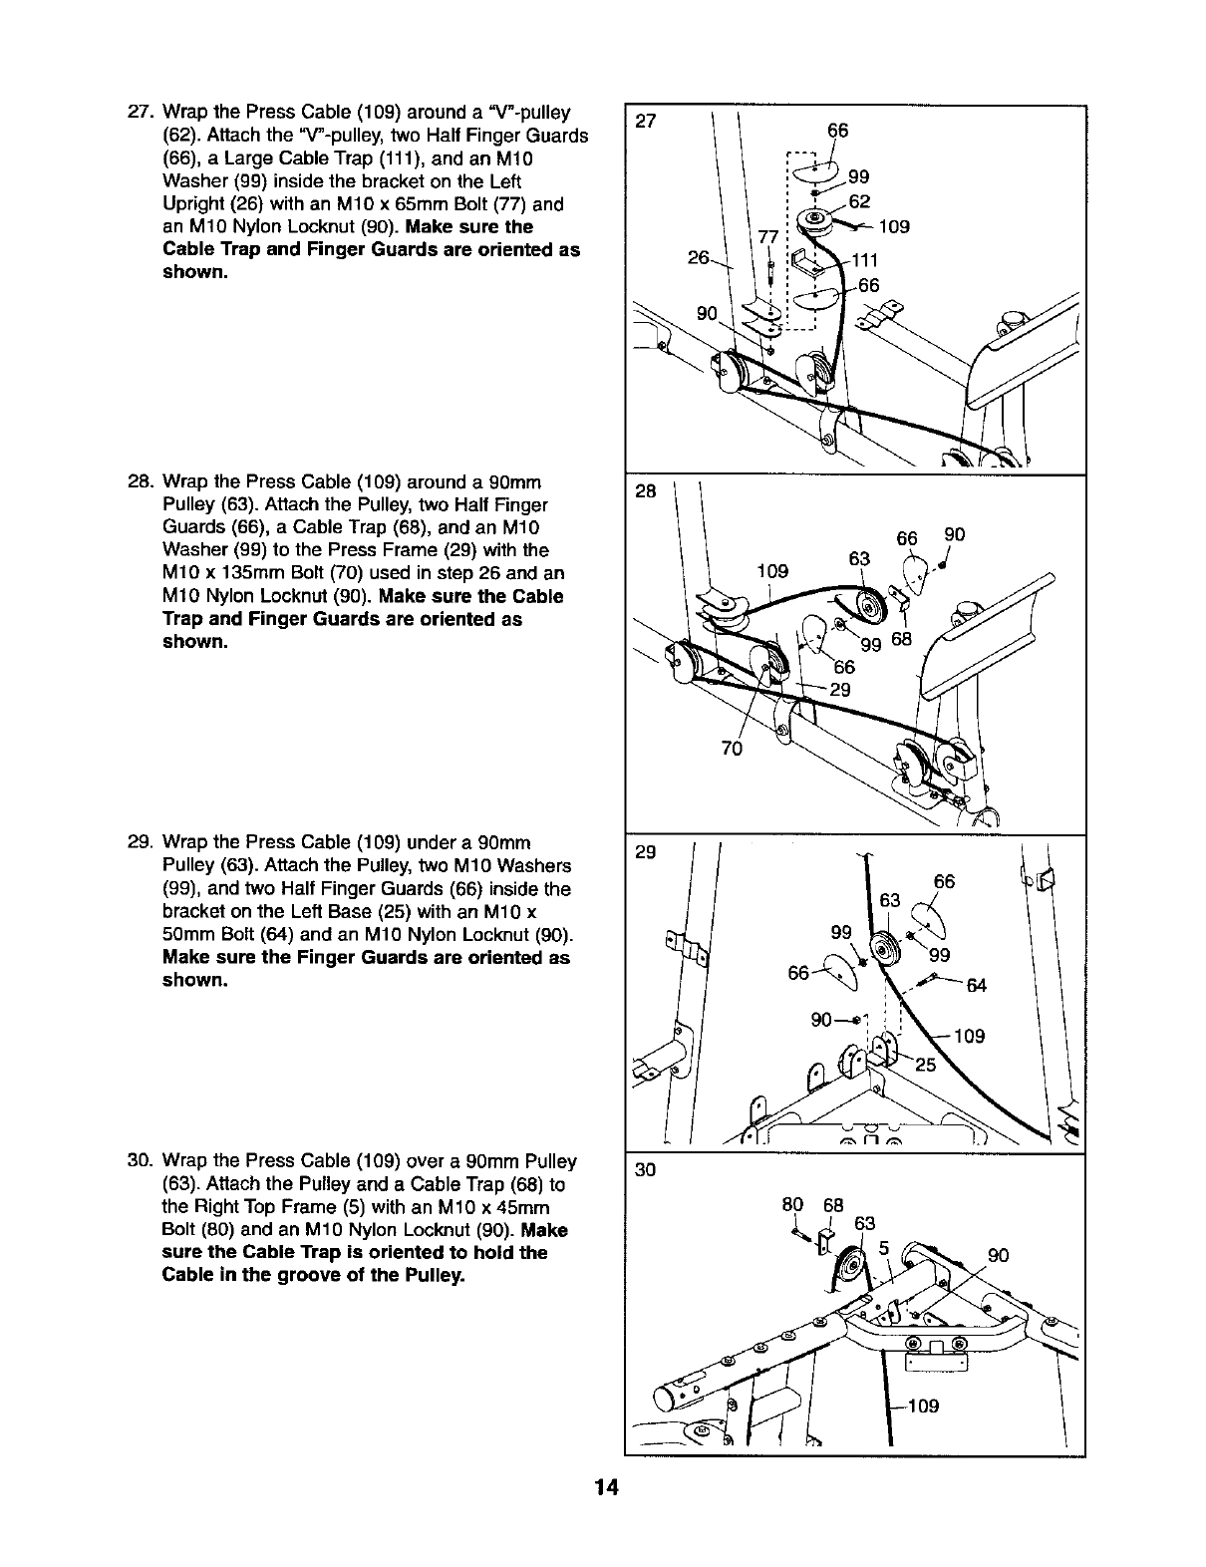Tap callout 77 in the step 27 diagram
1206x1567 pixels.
pos(767,236)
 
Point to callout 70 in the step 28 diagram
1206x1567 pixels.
pos(732,748)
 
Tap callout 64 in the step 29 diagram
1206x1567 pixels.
pos(976,987)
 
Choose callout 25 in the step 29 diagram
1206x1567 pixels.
pos(925,1065)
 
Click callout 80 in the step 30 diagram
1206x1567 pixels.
pos(792,1206)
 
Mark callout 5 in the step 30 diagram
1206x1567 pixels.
pos(882,1245)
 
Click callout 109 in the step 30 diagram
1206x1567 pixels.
pos(923,1407)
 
